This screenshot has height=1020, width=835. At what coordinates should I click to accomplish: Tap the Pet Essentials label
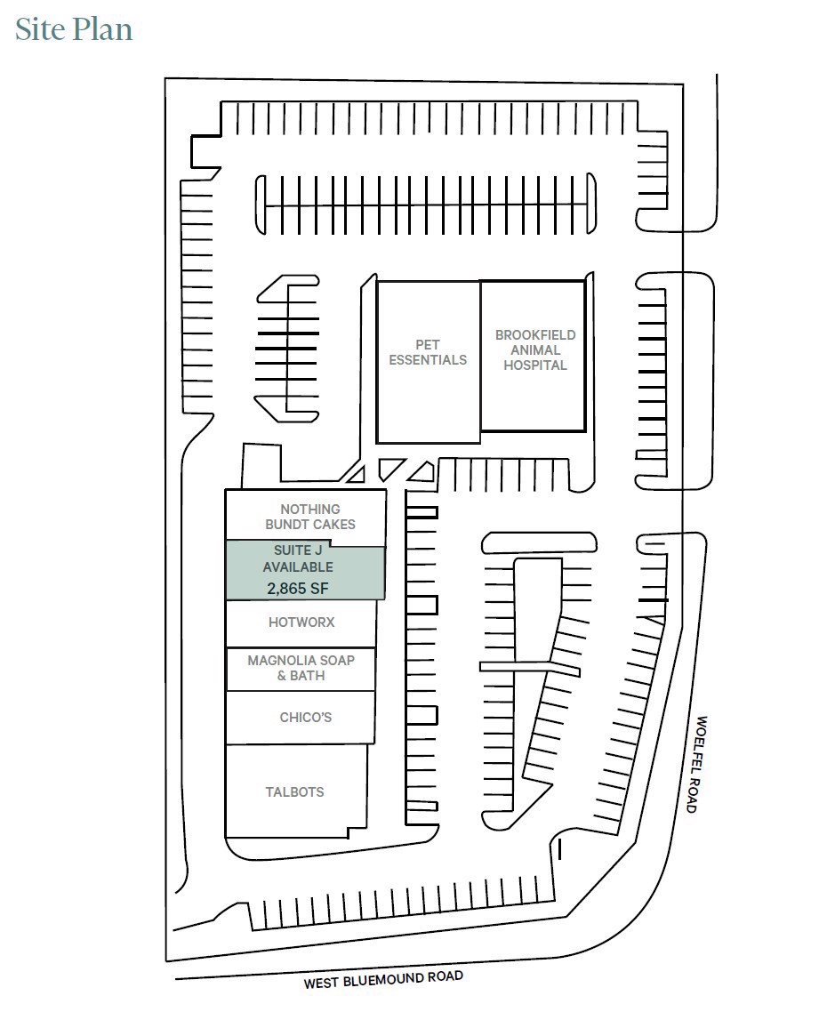428,352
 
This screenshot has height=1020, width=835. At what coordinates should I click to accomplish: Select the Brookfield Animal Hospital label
534,349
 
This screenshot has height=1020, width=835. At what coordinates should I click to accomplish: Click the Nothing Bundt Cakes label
309,517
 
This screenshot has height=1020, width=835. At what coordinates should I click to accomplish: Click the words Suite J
298,551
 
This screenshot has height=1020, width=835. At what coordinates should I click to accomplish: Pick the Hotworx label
301,622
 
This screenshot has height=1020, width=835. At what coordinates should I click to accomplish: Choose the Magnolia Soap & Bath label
301,668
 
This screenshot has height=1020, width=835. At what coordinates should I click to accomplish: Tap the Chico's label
305,717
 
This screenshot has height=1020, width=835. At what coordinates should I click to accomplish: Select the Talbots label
294,791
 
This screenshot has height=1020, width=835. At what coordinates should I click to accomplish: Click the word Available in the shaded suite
298,566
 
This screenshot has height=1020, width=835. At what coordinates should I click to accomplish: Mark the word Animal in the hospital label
535,349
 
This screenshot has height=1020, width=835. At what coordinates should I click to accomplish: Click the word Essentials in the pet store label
428,360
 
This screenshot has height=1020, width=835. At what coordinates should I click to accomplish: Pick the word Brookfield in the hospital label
535,335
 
